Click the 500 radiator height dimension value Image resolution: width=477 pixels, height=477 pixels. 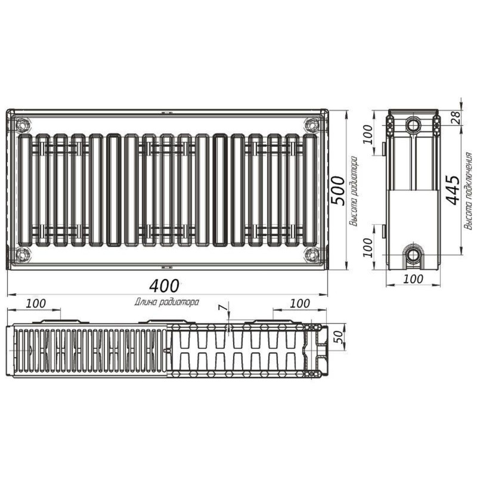coord(337,190)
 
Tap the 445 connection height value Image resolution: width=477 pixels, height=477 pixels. coord(453,190)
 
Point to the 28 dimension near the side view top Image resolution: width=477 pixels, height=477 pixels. coord(454,116)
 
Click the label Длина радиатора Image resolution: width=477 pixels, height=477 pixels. coord(167,302)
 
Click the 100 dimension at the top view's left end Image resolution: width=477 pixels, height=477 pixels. coord(36,303)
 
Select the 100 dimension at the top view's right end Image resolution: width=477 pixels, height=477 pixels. coord(299,303)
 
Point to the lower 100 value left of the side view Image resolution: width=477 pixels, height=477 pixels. coord(367,246)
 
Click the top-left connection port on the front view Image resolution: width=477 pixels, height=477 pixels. coord(23,126)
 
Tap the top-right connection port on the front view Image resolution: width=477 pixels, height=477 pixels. coord(311,126)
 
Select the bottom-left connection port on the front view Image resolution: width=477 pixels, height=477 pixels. coord(23,255)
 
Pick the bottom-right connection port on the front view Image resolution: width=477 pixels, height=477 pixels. coord(311,255)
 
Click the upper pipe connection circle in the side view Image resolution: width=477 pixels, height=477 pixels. coord(413,125)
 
